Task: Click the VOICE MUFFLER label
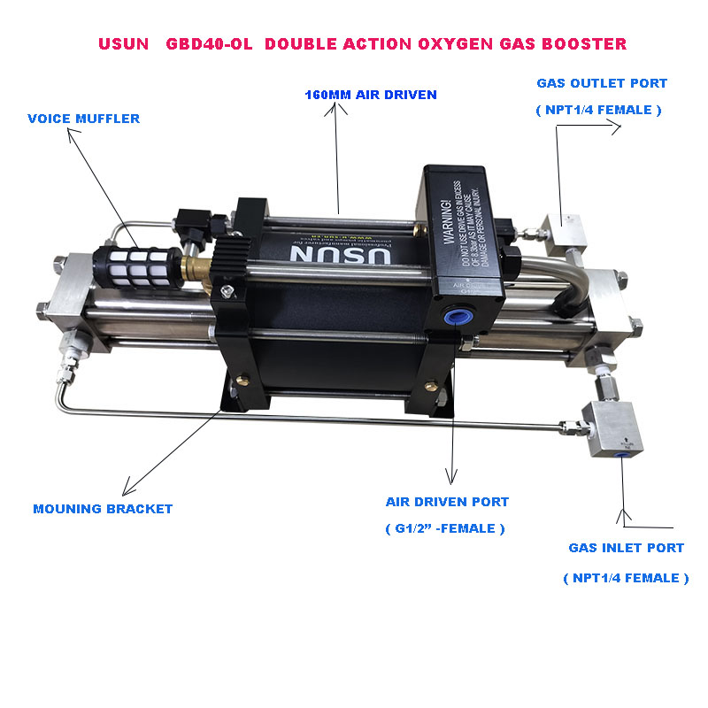click(x=84, y=119)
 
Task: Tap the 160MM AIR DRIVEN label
click(x=371, y=95)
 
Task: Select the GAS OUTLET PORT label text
click(x=602, y=84)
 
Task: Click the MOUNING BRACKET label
click(x=103, y=509)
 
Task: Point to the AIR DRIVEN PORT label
click(x=447, y=502)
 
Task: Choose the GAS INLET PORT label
click(x=626, y=548)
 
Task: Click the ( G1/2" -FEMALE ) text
click(x=445, y=528)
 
